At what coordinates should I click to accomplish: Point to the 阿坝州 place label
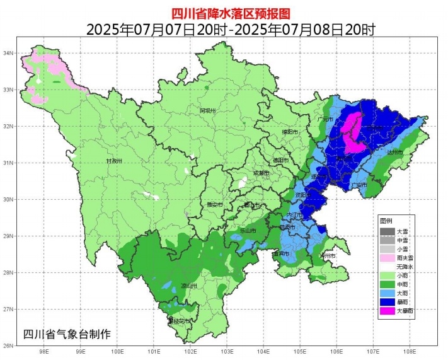click(x=208, y=111)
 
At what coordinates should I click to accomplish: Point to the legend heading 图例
click(x=386, y=221)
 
